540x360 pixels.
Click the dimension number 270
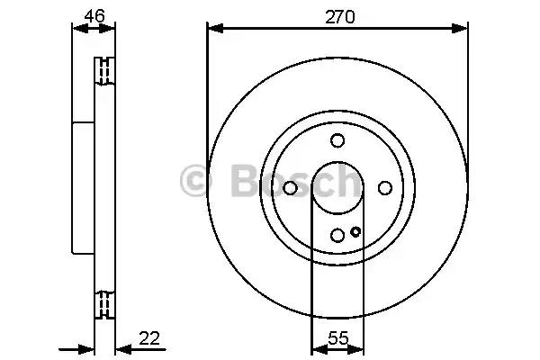[339, 16]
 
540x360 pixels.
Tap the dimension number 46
[94, 16]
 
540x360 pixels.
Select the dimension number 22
[149, 338]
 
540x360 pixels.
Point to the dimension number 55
[338, 338]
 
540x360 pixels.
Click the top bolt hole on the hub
[337, 140]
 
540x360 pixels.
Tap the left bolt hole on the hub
[290, 188]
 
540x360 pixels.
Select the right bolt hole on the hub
[385, 188]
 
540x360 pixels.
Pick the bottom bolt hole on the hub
[337, 235]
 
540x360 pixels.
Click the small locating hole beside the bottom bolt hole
[355, 231]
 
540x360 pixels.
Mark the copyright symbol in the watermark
[196, 181]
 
